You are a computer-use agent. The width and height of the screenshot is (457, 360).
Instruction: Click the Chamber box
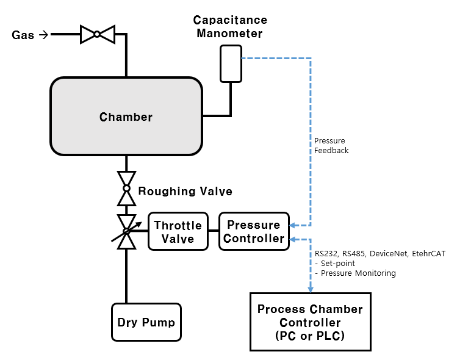coord(126,117)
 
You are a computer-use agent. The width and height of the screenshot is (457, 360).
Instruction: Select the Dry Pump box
coord(146,322)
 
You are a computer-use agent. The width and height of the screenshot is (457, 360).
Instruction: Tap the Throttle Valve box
coord(178,232)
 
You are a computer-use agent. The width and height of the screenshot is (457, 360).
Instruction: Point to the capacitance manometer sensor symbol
coord(231,63)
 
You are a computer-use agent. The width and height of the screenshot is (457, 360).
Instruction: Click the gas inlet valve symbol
coord(98,34)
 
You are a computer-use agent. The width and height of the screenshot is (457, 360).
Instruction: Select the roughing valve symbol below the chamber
coord(126,188)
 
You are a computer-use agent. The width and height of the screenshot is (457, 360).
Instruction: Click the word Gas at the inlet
coord(23,35)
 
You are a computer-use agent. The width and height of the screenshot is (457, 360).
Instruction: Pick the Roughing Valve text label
coord(185,192)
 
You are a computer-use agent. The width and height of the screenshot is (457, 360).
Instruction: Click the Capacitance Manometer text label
coord(231,26)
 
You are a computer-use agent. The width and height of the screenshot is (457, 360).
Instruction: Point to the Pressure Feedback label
coord(331,145)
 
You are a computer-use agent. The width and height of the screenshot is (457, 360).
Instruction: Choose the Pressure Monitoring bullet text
coord(358,273)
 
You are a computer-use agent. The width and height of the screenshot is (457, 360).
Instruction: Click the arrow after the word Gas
coord(43,35)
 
